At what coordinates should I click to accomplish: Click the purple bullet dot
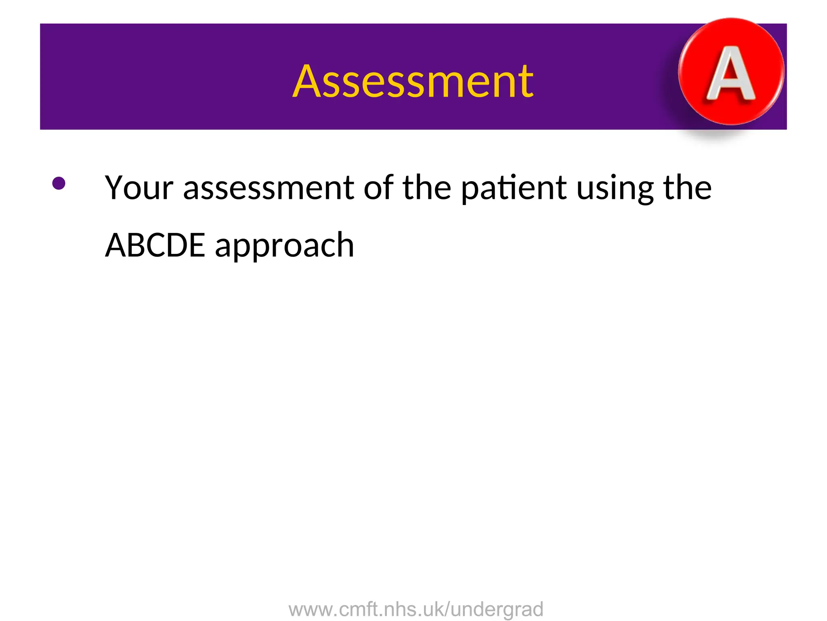click(x=59, y=183)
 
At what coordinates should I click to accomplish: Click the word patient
click(x=514, y=188)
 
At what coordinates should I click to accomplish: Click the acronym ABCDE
click(x=155, y=245)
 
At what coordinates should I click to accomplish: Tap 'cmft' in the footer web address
click(x=357, y=609)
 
